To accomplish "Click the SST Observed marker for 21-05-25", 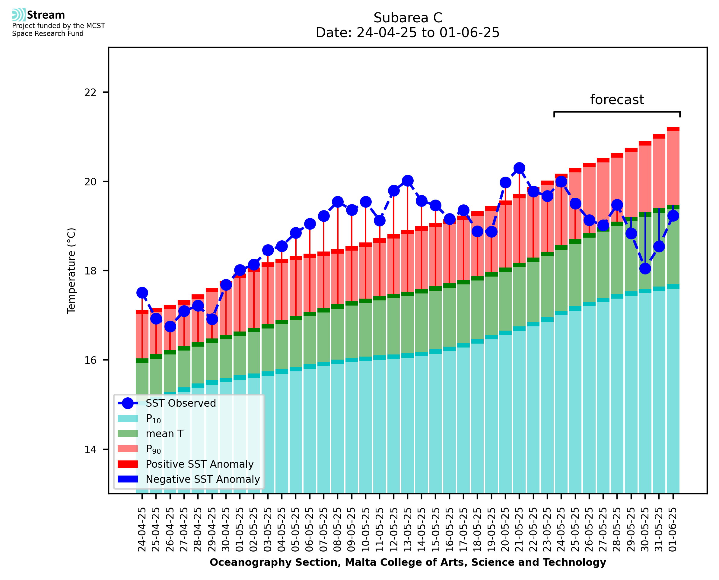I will (x=519, y=168).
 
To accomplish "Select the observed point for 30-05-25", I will (x=645, y=268).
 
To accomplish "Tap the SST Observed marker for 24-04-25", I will (x=142, y=293).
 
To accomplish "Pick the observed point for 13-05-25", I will (x=407, y=181).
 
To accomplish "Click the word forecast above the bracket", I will (x=617, y=100).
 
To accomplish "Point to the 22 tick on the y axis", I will (x=90, y=92).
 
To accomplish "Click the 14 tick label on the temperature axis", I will (x=90, y=449).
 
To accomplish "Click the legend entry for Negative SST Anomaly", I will (x=203, y=479).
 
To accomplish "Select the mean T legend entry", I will (x=164, y=434).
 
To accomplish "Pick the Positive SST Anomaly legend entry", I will (x=200, y=464).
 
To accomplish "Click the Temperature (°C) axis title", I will (x=72, y=271).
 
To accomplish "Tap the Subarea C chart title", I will (x=408, y=18).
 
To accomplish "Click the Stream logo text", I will (x=46, y=15).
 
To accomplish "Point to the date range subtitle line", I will (x=408, y=33).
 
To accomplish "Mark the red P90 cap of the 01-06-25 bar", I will (x=673, y=129).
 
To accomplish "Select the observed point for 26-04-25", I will (x=170, y=326).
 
